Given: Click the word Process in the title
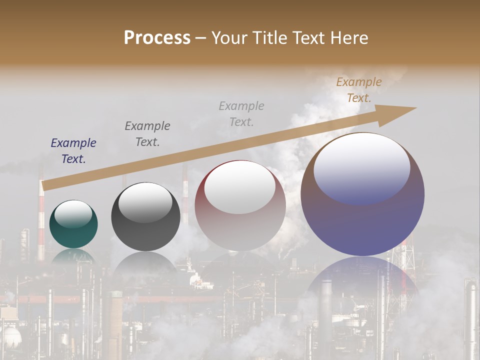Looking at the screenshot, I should [x=157, y=38].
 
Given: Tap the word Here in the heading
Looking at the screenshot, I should [x=349, y=38].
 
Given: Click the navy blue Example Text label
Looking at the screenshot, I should [x=73, y=151].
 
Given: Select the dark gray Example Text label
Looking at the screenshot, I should [x=147, y=134].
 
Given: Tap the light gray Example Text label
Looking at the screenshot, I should [x=241, y=114].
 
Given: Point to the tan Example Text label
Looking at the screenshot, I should [x=359, y=90].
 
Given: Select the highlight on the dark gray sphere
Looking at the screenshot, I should [x=145, y=202].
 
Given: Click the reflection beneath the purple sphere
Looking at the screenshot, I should [x=362, y=285].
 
